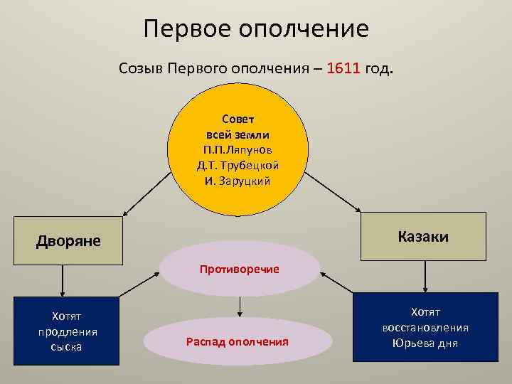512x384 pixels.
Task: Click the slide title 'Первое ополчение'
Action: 256,29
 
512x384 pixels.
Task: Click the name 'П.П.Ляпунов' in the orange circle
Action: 237,149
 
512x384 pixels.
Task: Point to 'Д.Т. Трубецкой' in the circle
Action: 238,165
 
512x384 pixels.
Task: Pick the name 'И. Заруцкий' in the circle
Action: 238,181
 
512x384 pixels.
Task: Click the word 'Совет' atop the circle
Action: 238,118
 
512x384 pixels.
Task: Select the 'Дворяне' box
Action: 69,241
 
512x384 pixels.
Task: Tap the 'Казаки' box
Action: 423,236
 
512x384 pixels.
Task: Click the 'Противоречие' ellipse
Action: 240,269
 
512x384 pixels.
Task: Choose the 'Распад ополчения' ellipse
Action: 237,341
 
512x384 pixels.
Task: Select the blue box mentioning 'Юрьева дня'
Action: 425,328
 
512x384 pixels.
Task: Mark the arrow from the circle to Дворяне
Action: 146,195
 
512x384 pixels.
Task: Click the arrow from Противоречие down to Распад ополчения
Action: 240,306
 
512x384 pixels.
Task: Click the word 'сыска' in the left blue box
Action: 67,347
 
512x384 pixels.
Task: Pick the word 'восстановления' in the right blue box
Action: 425,328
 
